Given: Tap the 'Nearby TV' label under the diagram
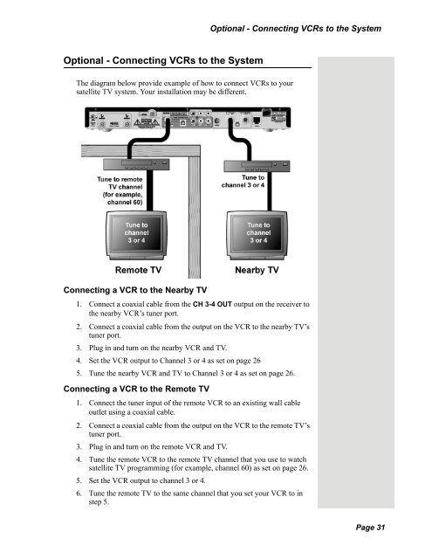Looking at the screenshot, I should click(256, 271).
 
